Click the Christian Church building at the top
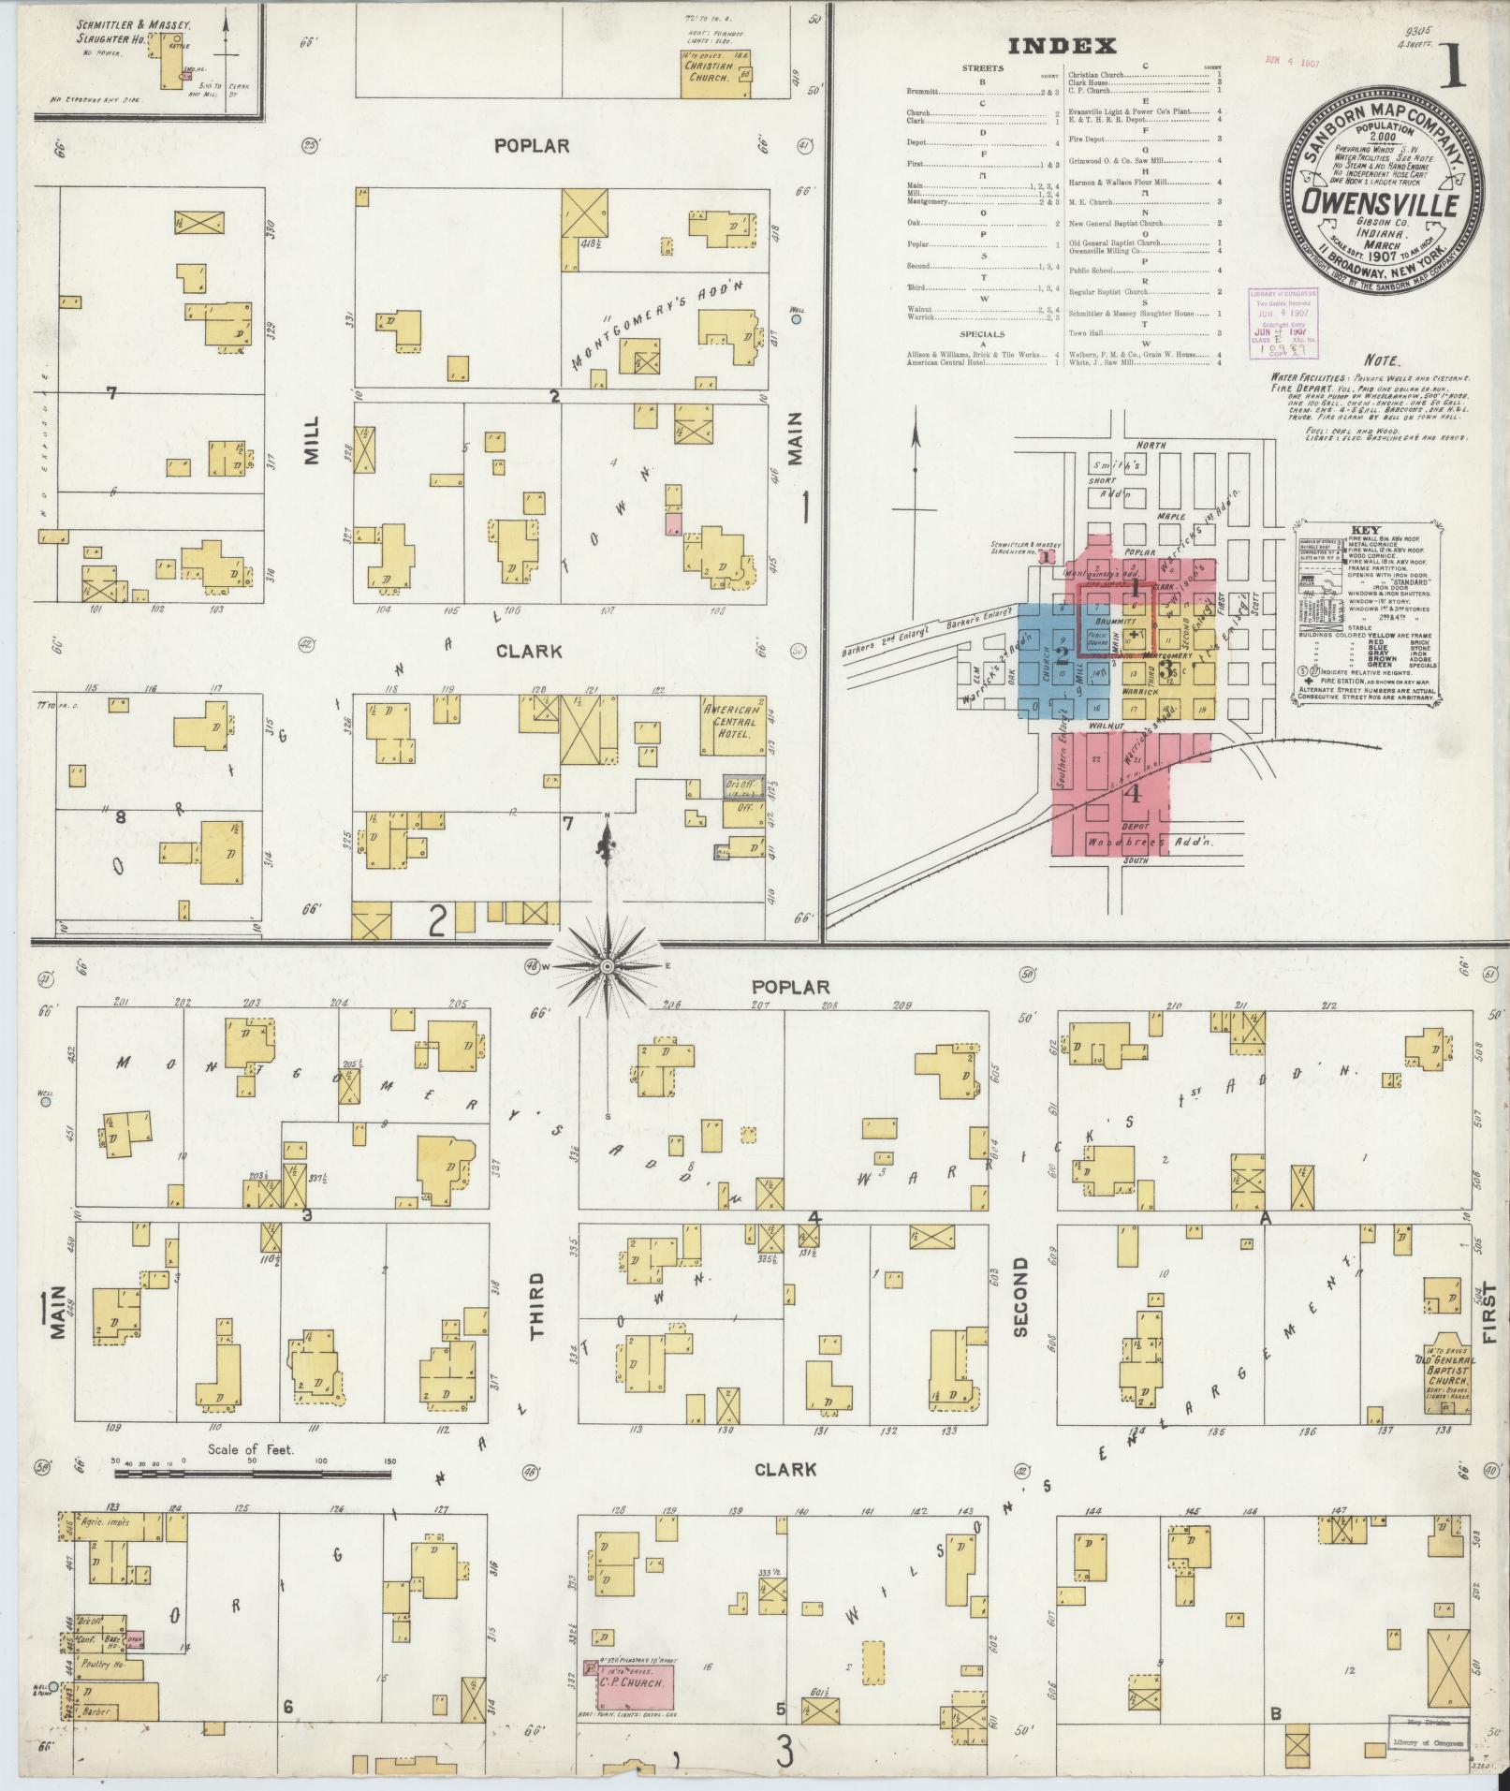click(x=716, y=73)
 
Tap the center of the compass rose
click(x=607, y=965)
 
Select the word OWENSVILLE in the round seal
click(x=1382, y=205)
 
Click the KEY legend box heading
click(x=1365, y=529)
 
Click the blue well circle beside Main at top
click(x=796, y=319)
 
